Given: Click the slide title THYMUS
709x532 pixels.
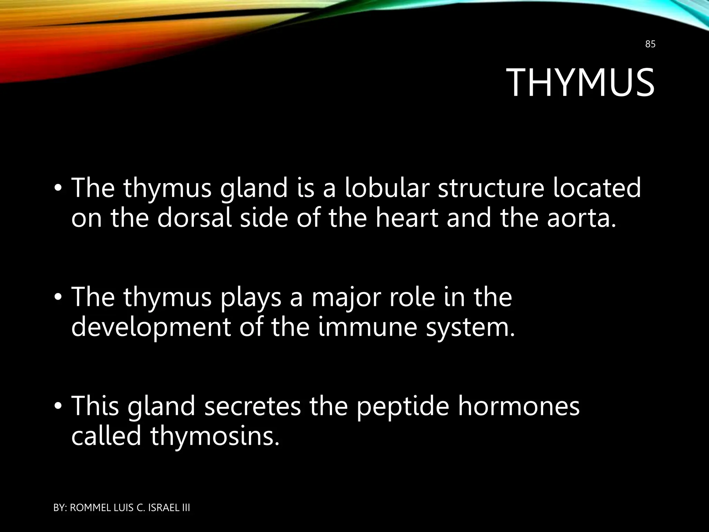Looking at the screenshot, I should [x=582, y=83].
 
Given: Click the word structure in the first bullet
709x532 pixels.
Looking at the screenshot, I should [x=490, y=188].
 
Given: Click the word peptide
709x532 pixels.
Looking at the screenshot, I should [x=403, y=407].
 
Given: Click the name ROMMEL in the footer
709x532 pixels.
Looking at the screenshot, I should [x=91, y=508].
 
